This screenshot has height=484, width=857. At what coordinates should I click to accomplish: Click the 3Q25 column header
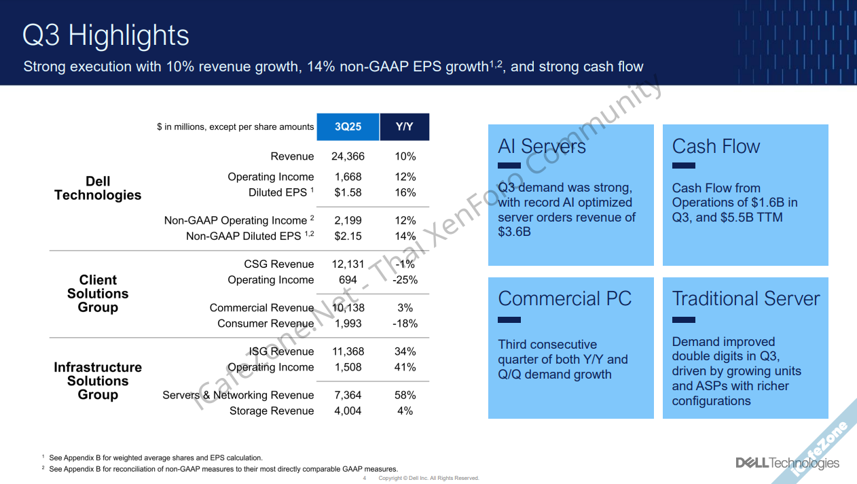coord(348,127)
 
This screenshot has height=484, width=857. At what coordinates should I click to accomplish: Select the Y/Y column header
coord(405,127)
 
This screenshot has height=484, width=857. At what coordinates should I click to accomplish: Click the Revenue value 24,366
coord(348,156)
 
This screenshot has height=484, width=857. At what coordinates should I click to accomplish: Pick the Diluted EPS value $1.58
coord(348,192)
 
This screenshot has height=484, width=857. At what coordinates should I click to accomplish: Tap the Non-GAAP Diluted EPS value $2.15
coord(348,236)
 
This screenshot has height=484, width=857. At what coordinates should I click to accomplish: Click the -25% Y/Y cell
coord(405,279)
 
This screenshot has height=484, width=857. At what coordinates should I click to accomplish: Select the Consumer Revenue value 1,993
coord(348,324)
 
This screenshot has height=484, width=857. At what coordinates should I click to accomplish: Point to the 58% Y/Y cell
coord(405,395)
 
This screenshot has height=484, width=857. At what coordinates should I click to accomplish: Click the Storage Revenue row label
coord(272,411)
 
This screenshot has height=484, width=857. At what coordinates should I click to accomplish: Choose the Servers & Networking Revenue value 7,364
coord(348,395)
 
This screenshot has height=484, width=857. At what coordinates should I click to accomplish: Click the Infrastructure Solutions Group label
coord(98,381)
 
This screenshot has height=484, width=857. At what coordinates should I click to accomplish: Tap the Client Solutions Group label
coord(98,294)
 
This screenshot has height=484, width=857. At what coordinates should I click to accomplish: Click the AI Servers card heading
coord(542,146)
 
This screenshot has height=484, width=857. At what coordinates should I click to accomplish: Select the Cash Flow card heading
coord(716,146)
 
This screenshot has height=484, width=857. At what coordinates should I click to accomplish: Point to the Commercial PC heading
coord(564,298)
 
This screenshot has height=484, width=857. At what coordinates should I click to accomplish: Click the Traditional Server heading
coord(746,298)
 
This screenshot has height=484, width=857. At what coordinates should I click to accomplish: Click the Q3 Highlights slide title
coord(106,35)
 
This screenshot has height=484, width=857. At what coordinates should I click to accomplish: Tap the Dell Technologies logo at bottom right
coord(787,463)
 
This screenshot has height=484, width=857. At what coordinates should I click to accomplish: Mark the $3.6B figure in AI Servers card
coord(514,232)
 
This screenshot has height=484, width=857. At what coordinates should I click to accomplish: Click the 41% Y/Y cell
coord(405,367)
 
